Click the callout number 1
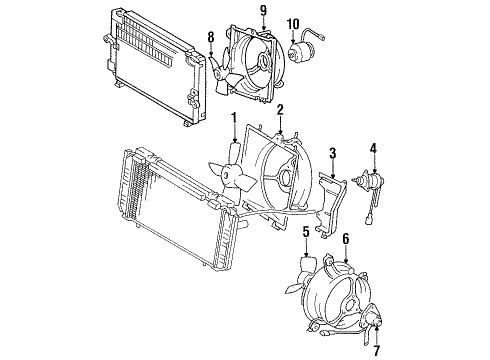pyautogui.click(x=234, y=117)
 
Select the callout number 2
pyautogui.click(x=280, y=109)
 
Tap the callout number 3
pyautogui.click(x=333, y=153)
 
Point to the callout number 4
pyautogui.click(x=373, y=148)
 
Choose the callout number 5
pyautogui.click(x=306, y=232)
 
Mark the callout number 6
pyautogui.click(x=346, y=239)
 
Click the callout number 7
pyautogui.click(x=377, y=350)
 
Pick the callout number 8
pyautogui.click(x=211, y=37)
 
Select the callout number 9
pyautogui.click(x=263, y=10)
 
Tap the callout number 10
pyautogui.click(x=293, y=24)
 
